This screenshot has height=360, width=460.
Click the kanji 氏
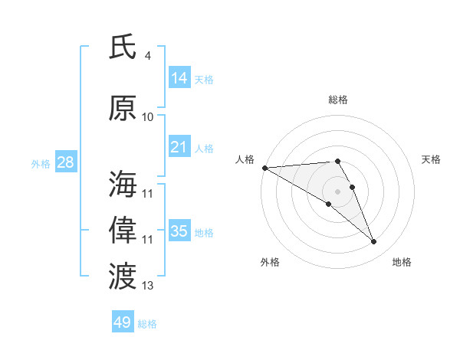(x=123, y=47)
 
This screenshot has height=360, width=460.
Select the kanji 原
(x=123, y=108)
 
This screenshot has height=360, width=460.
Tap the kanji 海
(x=123, y=185)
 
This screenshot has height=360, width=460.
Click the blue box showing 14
(x=179, y=78)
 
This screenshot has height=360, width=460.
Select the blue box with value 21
(x=179, y=147)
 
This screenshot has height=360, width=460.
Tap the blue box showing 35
(x=179, y=231)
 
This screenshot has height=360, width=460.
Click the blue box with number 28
(x=65, y=162)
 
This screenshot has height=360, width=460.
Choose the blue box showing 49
(x=123, y=322)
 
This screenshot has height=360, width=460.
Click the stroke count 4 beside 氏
(x=147, y=56)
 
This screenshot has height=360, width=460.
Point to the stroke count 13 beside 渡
(x=147, y=286)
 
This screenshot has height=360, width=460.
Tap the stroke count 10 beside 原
(x=147, y=117)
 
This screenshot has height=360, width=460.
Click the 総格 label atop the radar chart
(x=338, y=100)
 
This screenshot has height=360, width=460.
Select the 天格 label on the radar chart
(x=432, y=159)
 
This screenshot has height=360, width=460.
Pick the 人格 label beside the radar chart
(x=245, y=159)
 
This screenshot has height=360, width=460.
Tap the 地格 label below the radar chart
(x=402, y=262)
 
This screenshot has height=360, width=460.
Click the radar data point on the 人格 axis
(x=264, y=168)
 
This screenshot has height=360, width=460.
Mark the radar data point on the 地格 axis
(x=374, y=242)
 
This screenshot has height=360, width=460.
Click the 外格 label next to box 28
(x=41, y=163)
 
